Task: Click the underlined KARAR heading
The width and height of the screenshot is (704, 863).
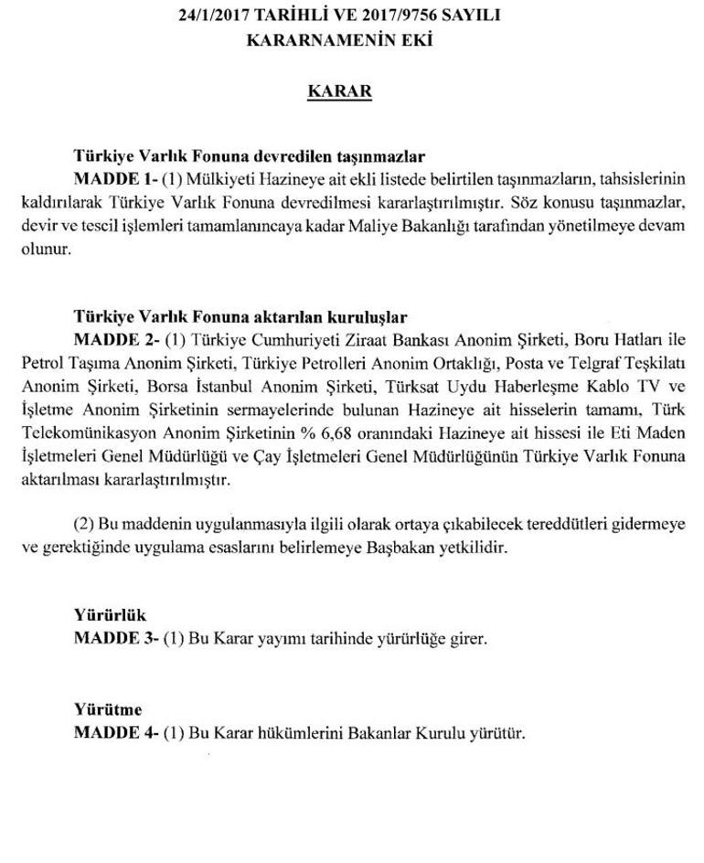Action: click(x=339, y=93)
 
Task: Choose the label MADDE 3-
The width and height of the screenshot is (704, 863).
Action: click(x=115, y=639)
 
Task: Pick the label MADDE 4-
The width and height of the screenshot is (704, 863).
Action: click(x=115, y=733)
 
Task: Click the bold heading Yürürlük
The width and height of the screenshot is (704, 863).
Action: click(x=110, y=615)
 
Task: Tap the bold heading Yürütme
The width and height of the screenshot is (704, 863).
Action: click(x=108, y=709)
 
